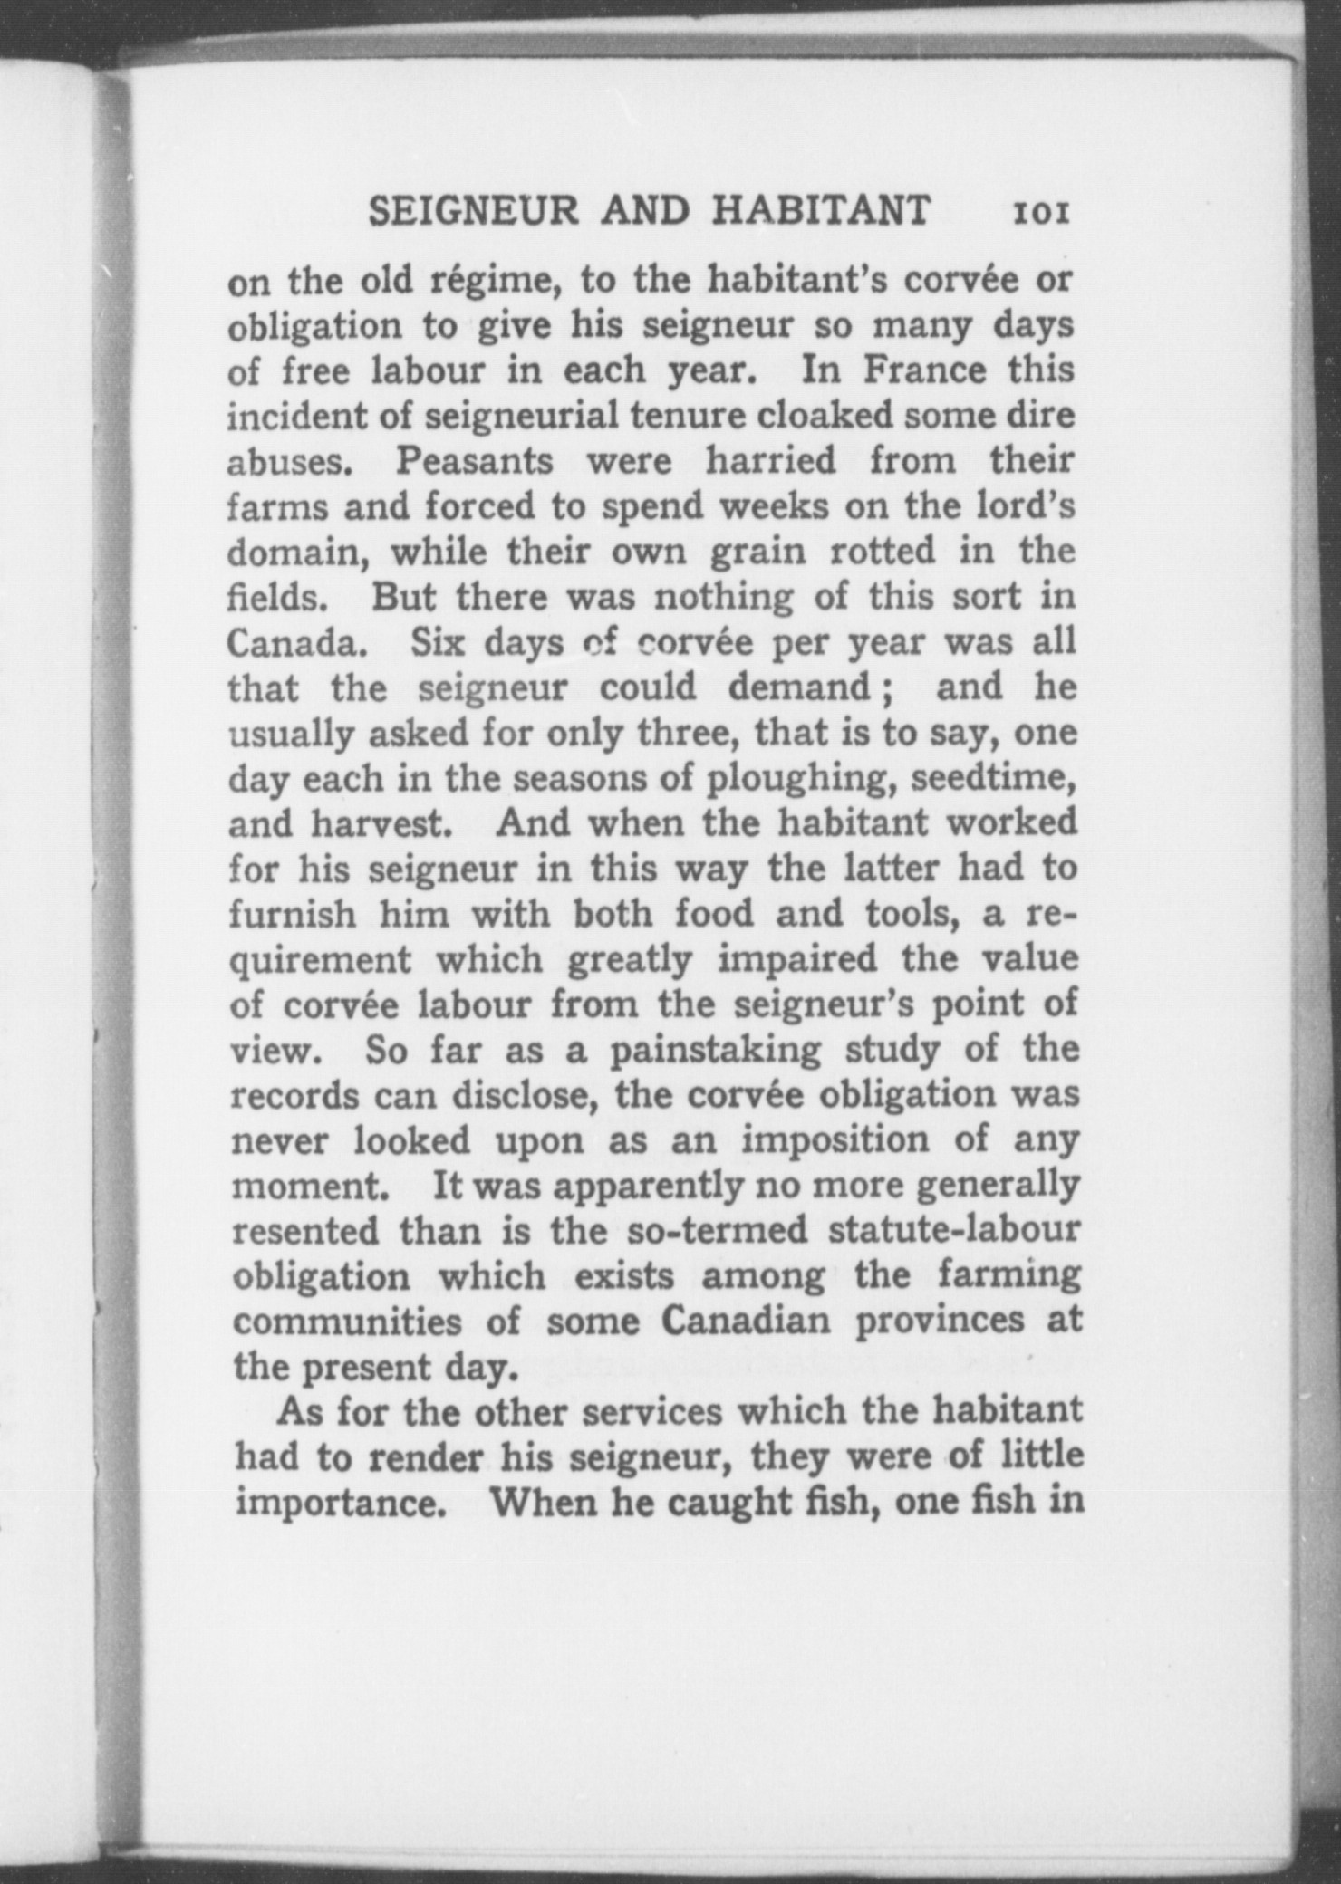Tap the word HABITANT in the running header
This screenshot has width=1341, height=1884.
821,210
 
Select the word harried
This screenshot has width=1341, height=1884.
771,461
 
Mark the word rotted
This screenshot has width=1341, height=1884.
884,552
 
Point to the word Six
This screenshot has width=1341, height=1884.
439,643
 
